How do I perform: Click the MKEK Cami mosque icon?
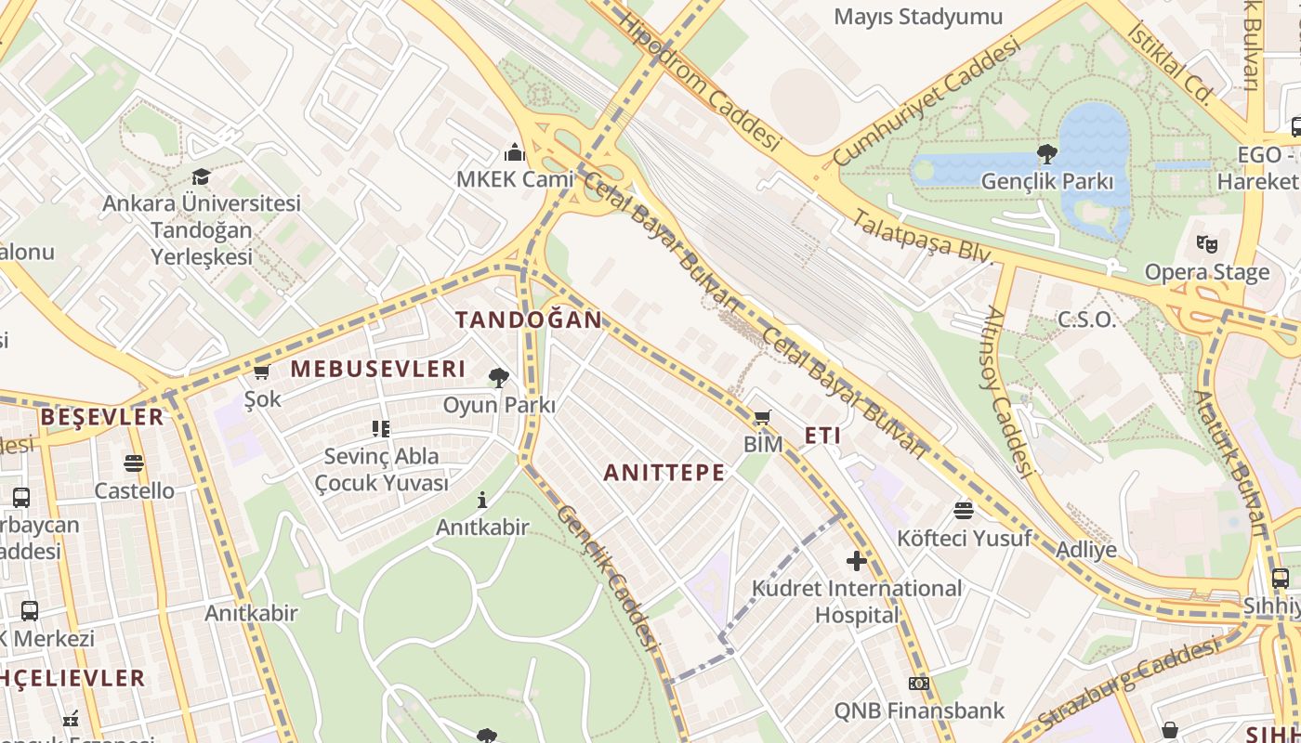click(x=515, y=152)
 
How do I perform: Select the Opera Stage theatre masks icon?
click(x=1207, y=244)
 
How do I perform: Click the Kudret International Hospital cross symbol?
click(x=857, y=560)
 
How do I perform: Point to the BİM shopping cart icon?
click(x=763, y=417)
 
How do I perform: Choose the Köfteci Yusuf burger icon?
click(x=964, y=510)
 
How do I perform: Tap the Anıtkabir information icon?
click(x=482, y=500)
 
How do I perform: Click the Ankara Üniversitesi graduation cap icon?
click(x=201, y=176)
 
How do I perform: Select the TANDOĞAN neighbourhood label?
click(x=529, y=320)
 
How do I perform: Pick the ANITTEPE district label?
click(x=664, y=473)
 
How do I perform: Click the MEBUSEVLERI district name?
click(x=378, y=369)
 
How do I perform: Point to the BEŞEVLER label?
click(x=102, y=417)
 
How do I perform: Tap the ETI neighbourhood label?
click(x=822, y=436)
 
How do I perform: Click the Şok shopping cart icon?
click(x=261, y=372)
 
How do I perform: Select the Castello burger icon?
click(x=134, y=463)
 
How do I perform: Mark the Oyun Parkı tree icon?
click(x=499, y=377)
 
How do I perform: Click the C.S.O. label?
click(x=1086, y=320)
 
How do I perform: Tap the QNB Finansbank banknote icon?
click(x=919, y=684)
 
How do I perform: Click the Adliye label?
click(x=1086, y=550)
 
